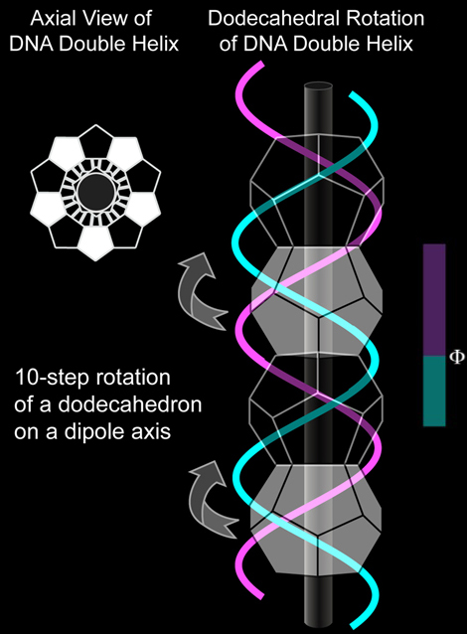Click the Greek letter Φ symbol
[x=457, y=357]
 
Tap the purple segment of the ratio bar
[x=434, y=300]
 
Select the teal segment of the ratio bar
[x=434, y=391]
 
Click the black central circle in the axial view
[x=95, y=193]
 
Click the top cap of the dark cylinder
[x=318, y=86]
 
